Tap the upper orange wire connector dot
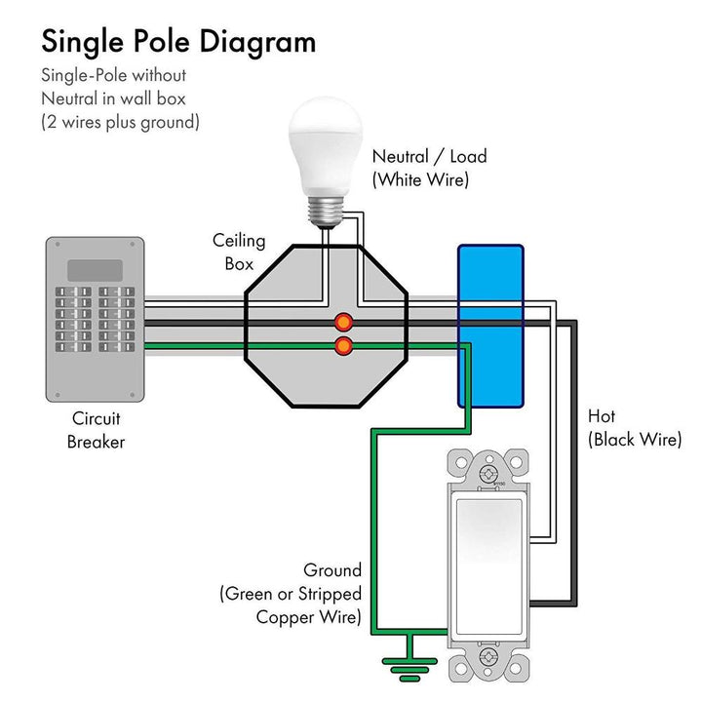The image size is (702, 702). pos(343,322)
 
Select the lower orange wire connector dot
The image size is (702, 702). pos(343,346)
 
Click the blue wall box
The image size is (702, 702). pos(490,326)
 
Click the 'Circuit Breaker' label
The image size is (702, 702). pos(96,430)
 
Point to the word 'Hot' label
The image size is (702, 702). pos(602,416)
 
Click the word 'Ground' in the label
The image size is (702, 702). pos(331,570)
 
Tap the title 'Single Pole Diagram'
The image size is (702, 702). pos(177,42)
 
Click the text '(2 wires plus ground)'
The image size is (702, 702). pos(120,122)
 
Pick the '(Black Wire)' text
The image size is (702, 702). pos(635,440)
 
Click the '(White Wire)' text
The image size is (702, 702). pos(421,179)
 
